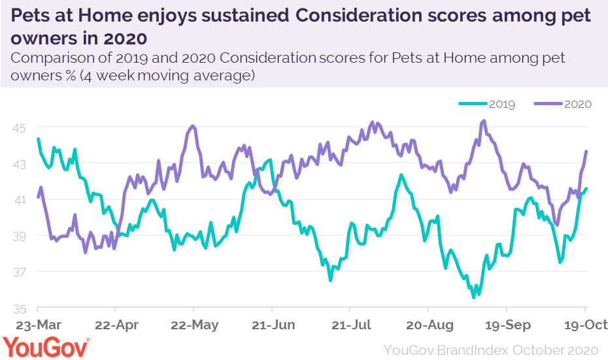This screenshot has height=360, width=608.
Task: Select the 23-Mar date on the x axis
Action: click(x=38, y=325)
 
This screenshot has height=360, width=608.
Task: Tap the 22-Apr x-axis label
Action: click(x=116, y=325)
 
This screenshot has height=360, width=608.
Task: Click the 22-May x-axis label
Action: click(x=194, y=325)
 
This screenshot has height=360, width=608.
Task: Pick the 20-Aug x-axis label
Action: click(x=428, y=325)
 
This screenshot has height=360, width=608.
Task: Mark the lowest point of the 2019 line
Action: click(x=473, y=297)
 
